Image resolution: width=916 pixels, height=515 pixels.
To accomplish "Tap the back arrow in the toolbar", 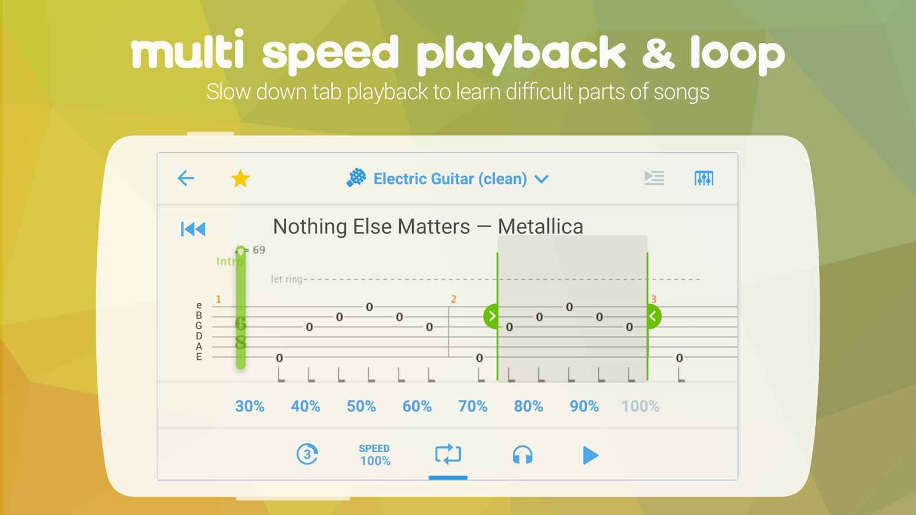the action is point(185,178).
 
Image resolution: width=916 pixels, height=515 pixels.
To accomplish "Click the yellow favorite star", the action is point(240,179).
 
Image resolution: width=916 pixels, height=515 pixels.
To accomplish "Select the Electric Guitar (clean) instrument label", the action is point(450,179).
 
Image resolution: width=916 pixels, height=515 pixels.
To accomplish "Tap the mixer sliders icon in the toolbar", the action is point(704,178).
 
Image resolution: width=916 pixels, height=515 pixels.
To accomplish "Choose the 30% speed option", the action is point(250,406).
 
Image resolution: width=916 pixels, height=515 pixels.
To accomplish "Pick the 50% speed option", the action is point(361,406).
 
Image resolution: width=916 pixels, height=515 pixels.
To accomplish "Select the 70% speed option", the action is point(473,406).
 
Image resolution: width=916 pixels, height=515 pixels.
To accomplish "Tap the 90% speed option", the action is point(585,406).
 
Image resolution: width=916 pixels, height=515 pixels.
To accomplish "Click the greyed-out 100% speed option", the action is point(641,406).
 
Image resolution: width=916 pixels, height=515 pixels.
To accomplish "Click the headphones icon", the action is point(523,455).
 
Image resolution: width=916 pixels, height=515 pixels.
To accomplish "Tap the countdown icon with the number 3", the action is point(307,454).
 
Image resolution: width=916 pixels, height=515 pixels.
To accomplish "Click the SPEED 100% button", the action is point(374,455).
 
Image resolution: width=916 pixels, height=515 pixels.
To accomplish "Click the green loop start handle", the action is point(491,316).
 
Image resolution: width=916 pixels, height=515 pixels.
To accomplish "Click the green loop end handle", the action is point(653,316).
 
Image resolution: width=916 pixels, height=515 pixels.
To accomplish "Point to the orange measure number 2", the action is point(453,299).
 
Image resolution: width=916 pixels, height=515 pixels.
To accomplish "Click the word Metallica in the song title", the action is point(540,227).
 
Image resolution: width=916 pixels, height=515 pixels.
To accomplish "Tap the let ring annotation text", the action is point(287,279).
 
